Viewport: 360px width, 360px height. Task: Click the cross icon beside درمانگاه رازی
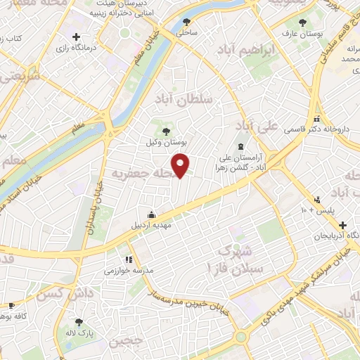coord(76,37)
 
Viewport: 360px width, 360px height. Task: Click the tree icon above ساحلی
coord(186,22)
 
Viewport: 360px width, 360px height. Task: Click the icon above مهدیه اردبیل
coord(151,215)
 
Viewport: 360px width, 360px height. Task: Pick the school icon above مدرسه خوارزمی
coord(128,259)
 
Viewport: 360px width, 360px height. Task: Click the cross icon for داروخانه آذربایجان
coord(342,226)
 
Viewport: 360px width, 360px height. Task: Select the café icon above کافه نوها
coord(11,305)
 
